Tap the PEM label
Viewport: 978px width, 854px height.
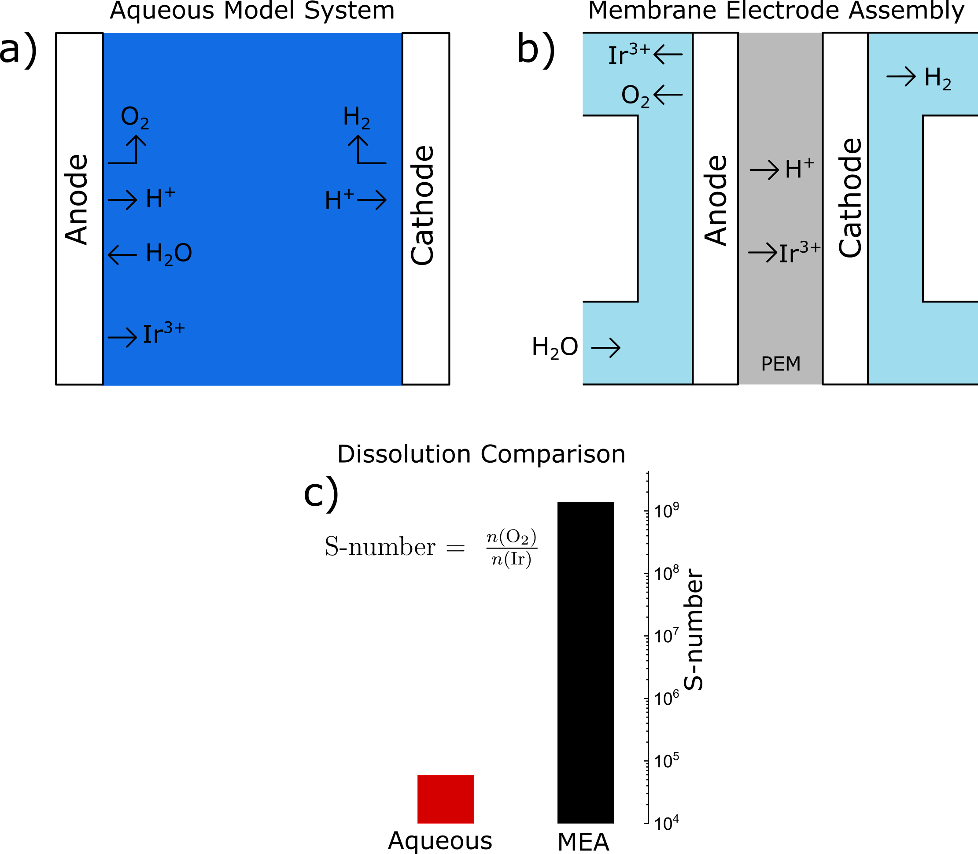point(781,364)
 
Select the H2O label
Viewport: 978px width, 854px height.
point(169,254)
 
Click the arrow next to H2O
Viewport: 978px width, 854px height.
point(122,255)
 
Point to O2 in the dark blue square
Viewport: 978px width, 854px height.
point(134,117)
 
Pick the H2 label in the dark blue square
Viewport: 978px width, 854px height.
point(356,117)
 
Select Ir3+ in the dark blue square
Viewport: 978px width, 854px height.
point(163,333)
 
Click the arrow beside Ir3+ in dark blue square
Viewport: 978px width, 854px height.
point(122,337)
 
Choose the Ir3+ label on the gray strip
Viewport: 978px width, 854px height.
point(799,253)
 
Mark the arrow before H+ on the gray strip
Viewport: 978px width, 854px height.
point(764,170)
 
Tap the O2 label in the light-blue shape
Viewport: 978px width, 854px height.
point(635,96)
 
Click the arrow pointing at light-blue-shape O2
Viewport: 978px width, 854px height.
point(668,95)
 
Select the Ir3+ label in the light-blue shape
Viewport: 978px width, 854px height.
point(629,55)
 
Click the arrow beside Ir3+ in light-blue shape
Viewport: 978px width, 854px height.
point(668,54)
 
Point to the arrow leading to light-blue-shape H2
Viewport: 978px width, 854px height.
point(901,76)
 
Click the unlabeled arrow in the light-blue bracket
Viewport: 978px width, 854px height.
point(605,348)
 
